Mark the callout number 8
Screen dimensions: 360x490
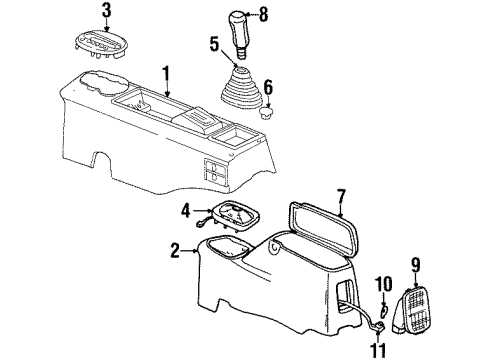pyautogui.click(x=265, y=15)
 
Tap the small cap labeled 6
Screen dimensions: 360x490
pyautogui.click(x=265, y=113)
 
